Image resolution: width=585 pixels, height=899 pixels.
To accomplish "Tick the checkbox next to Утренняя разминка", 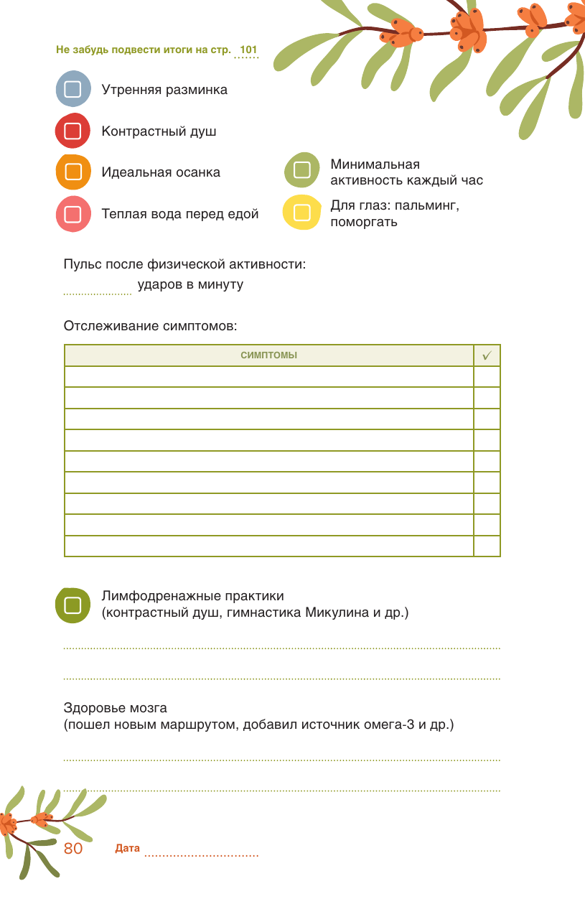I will click(x=72, y=90).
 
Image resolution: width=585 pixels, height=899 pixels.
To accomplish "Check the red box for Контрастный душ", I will click(x=72, y=131).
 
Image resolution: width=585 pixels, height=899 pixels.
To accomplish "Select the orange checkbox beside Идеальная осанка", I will click(x=72, y=172).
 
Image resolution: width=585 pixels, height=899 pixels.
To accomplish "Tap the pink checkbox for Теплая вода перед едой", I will click(x=72, y=214).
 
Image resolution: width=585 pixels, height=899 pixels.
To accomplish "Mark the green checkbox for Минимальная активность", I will click(x=302, y=170).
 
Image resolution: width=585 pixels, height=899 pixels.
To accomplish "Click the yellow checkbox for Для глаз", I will click(x=302, y=213).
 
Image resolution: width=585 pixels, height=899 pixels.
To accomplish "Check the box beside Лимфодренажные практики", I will click(x=72, y=605).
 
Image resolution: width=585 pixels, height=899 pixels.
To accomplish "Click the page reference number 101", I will click(x=248, y=50).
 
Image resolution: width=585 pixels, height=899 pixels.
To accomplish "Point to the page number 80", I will click(x=73, y=848).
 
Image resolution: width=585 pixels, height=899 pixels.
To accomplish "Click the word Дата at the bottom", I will click(x=127, y=849).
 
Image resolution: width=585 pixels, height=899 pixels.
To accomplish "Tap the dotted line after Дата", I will click(x=201, y=854).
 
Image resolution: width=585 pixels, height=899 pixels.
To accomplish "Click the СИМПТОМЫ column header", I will click(x=268, y=355).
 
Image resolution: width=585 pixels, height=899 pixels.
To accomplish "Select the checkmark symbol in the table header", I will click(x=487, y=355).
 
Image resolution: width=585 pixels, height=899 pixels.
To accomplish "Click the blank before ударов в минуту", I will click(x=97, y=290).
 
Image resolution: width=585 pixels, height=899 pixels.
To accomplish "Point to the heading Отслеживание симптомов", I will click(x=150, y=326).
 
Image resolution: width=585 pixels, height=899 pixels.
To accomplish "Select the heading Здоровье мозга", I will click(x=115, y=708).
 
